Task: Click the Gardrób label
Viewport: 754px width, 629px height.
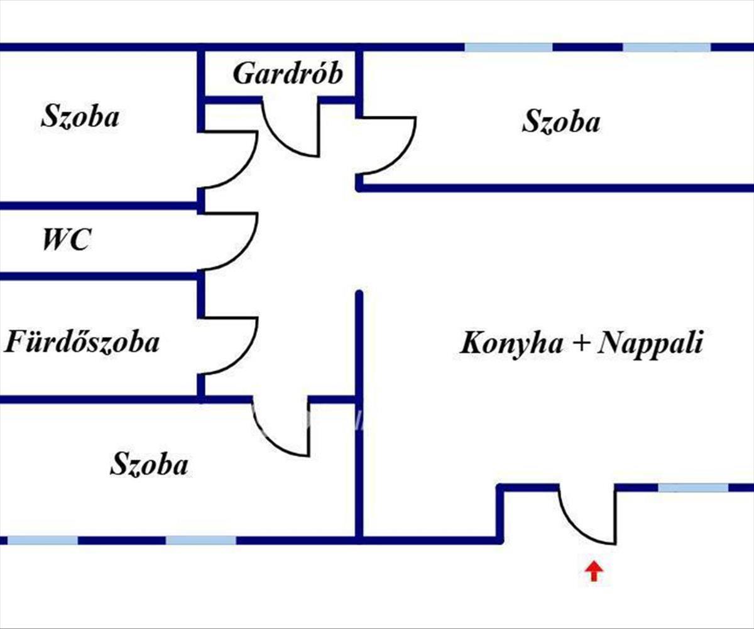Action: [x=288, y=74]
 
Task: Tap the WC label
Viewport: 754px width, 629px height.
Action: [x=66, y=240]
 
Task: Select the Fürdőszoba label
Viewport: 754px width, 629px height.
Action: [x=82, y=343]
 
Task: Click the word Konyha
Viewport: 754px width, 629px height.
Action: [x=510, y=345]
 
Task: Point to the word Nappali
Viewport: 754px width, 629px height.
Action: [x=650, y=345]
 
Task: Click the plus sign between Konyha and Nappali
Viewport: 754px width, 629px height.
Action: [x=580, y=345]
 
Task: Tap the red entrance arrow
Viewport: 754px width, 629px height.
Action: [x=594, y=571]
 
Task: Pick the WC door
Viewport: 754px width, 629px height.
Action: [x=236, y=242]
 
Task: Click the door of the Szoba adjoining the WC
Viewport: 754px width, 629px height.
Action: [x=236, y=160]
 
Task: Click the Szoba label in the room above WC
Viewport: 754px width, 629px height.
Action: [x=80, y=118]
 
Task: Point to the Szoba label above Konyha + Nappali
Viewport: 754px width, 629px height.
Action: [x=560, y=122]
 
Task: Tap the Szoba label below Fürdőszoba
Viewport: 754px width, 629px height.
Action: [x=149, y=465]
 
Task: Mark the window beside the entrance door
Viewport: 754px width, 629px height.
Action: [x=693, y=487]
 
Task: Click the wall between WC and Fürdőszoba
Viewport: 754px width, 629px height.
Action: [x=101, y=276]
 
